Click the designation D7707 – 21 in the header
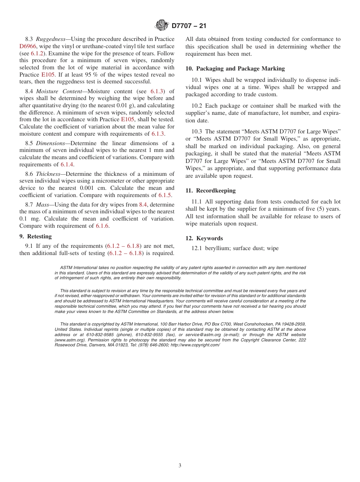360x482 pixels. pos(189,26)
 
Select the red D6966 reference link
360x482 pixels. pos(28,46)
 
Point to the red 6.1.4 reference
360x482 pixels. pos(67,164)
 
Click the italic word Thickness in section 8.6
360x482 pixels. pos(49,174)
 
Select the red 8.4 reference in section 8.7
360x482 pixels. pos(143,204)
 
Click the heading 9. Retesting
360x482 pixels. pos(35,236)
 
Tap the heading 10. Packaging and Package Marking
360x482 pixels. pos(235,69)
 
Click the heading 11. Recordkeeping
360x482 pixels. pos(210,191)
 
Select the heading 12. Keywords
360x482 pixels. pos(204,238)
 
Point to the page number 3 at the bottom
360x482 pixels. pos(180,466)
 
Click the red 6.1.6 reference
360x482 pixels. pos(102,226)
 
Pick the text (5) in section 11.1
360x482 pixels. pos(312,209)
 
